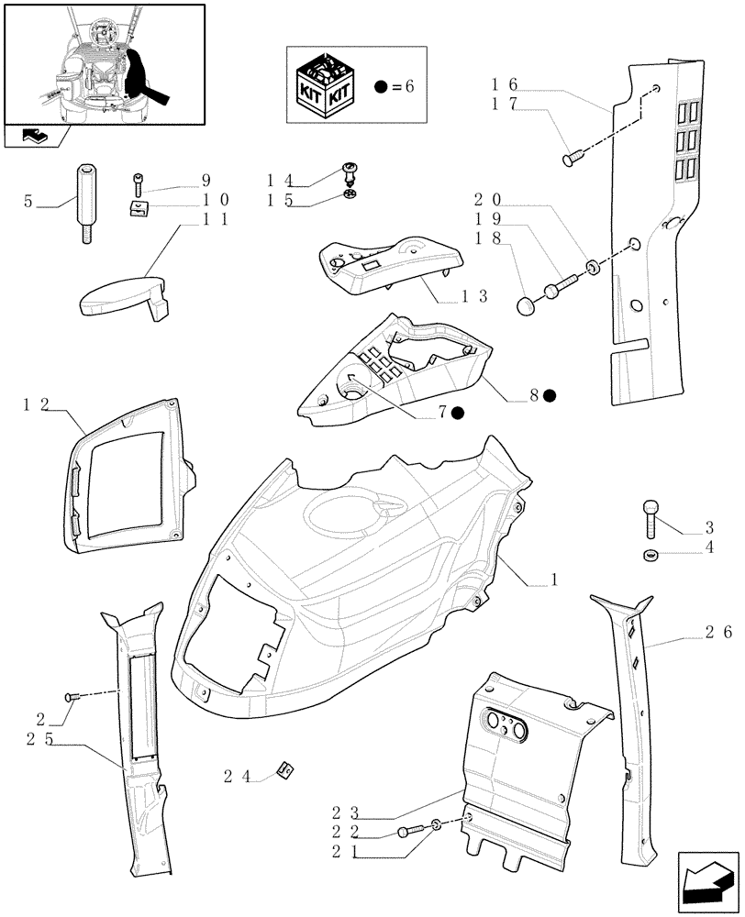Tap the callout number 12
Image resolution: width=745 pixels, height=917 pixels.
tap(36, 403)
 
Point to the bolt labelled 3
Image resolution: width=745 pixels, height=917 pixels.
tap(651, 518)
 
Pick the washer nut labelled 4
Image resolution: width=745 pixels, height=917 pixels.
tap(650, 554)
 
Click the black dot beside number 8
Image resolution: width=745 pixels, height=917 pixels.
tap(549, 395)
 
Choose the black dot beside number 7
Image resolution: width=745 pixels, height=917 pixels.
tap(457, 414)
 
